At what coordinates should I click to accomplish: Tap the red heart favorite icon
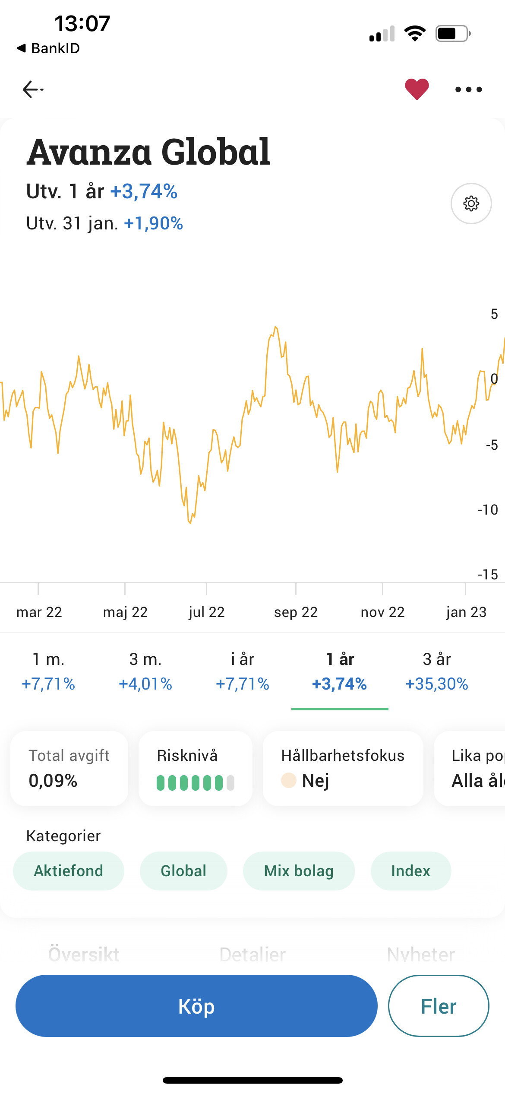[x=417, y=89]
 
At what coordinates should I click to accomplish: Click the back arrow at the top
[x=33, y=89]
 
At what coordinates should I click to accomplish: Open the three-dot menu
[x=468, y=89]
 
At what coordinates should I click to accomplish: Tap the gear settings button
[x=471, y=204]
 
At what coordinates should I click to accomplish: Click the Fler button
[x=438, y=1006]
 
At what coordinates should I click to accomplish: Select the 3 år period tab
[x=436, y=671]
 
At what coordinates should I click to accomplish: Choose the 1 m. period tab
[x=48, y=671]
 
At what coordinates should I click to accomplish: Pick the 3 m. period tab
[x=145, y=671]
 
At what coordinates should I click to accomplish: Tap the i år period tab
[x=243, y=671]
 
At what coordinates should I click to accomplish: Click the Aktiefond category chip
[x=69, y=871]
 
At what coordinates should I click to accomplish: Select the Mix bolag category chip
[x=299, y=871]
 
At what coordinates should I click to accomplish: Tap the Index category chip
[x=410, y=871]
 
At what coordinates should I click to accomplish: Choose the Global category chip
[x=183, y=871]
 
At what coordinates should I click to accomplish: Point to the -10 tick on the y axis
[x=488, y=510]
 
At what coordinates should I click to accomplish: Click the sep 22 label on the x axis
[x=296, y=612]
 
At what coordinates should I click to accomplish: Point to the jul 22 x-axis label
[x=207, y=612]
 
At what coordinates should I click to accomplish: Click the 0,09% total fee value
[x=53, y=781]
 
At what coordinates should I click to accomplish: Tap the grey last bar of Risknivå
[x=230, y=782]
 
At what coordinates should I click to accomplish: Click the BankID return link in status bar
[x=48, y=48]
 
